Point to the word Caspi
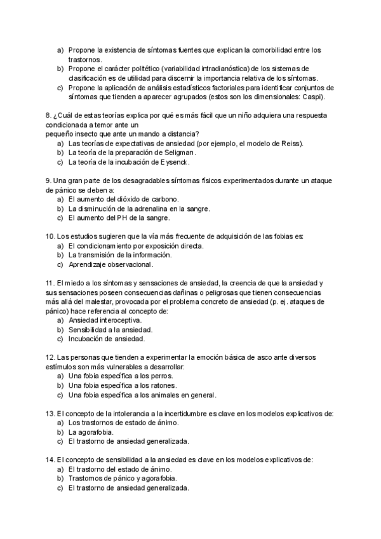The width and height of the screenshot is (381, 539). (312, 97)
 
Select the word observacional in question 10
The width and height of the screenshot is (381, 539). (130, 264)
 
